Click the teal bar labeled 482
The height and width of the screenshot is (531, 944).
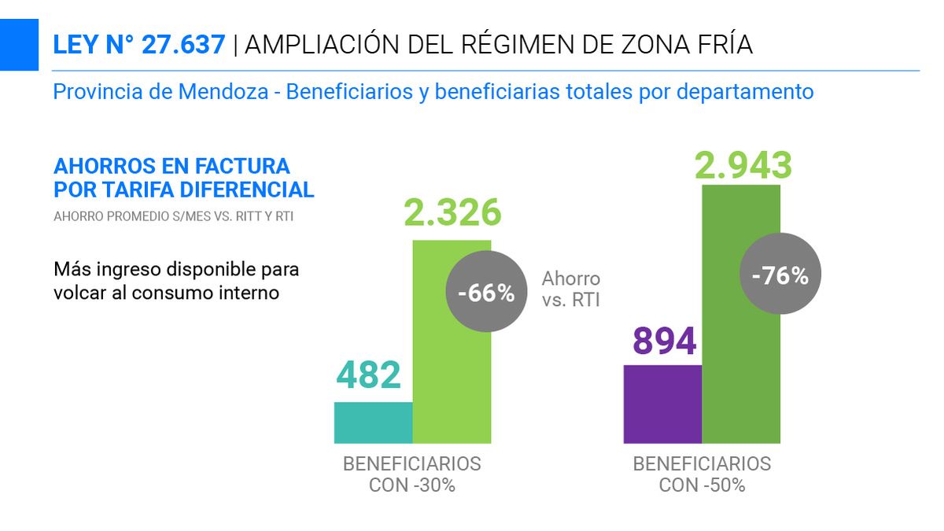coord(374,422)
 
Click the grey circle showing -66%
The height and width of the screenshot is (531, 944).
coord(485,293)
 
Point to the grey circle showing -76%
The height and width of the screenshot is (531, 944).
coord(780,275)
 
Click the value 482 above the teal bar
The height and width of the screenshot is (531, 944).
coord(369,375)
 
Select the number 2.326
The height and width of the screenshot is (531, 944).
coord(452,212)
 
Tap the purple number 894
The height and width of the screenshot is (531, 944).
coord(664,341)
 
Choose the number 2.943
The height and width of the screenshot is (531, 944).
coord(743,165)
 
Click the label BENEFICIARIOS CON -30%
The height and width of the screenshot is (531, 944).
coord(411,474)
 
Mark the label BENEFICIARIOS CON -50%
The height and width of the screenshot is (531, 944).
coord(702,474)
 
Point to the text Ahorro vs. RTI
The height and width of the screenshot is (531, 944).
coord(571,289)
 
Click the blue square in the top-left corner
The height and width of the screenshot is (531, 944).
coord(19,45)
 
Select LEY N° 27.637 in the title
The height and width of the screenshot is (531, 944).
coord(139,45)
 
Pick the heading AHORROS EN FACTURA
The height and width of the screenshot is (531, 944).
coord(171,167)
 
